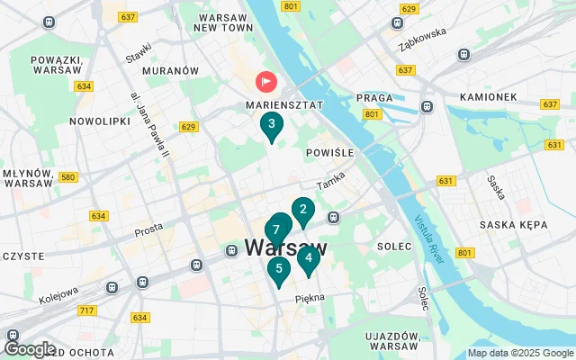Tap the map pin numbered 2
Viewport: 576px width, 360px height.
coord(303,211)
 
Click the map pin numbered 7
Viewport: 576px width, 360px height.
coord(275,229)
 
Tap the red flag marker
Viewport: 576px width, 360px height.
coord(267,82)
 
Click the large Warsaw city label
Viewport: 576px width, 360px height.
coord(285,247)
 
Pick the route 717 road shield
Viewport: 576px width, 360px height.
coord(86,310)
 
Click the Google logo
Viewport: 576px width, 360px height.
coord(30,348)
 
